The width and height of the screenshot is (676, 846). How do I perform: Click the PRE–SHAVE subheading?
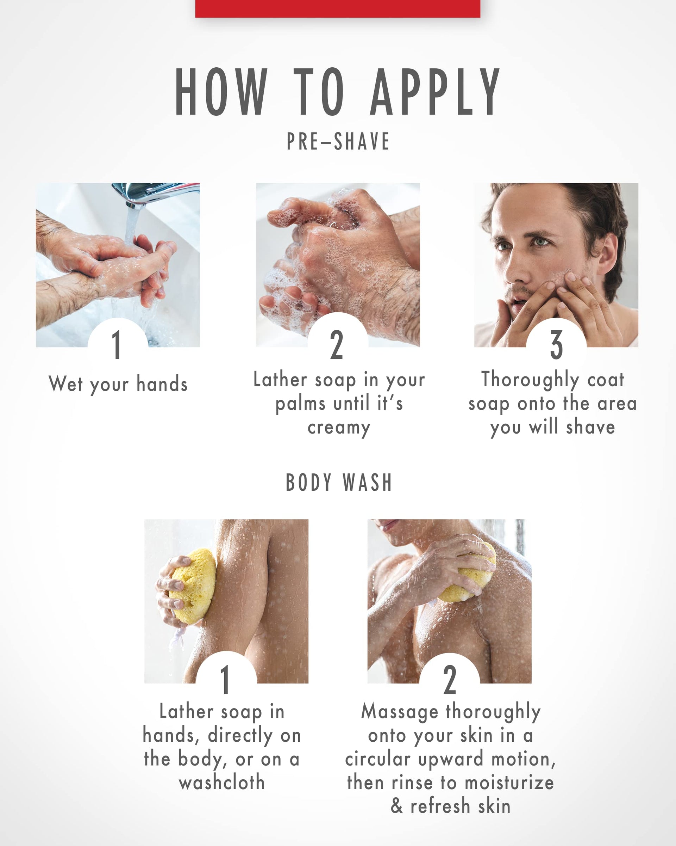(338, 141)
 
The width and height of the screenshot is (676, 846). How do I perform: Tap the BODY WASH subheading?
(339, 482)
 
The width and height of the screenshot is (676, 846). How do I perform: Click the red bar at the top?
(338, 8)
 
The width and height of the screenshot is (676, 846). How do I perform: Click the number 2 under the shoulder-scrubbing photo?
(450, 680)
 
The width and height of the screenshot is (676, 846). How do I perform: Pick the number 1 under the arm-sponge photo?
(225, 680)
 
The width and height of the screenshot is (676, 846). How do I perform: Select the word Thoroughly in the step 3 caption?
(530, 380)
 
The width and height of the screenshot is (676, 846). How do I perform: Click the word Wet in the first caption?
(66, 384)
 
